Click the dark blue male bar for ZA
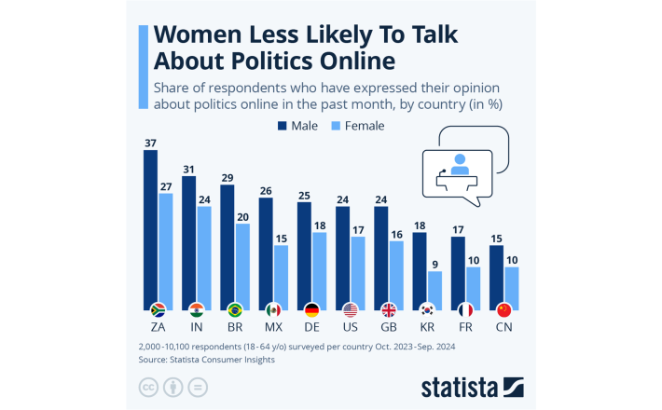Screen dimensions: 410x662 coord(150,224)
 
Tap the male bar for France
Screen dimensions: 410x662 coord(458,270)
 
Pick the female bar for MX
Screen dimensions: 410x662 coord(280,275)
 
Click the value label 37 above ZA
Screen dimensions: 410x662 coord(150,143)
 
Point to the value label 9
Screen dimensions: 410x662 coord(434,264)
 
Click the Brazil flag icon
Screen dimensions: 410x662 coord(235,309)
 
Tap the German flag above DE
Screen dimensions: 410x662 coord(311,309)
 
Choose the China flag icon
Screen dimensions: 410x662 coord(503,309)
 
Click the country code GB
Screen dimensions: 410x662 coord(388,328)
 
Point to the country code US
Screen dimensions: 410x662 coord(350,328)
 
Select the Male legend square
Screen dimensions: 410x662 coord(281,124)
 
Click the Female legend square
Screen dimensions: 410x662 coord(338,124)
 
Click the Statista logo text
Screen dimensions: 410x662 coord(458,386)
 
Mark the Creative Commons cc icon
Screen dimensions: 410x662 coord(147,386)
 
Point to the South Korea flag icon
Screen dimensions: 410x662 coord(427,309)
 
